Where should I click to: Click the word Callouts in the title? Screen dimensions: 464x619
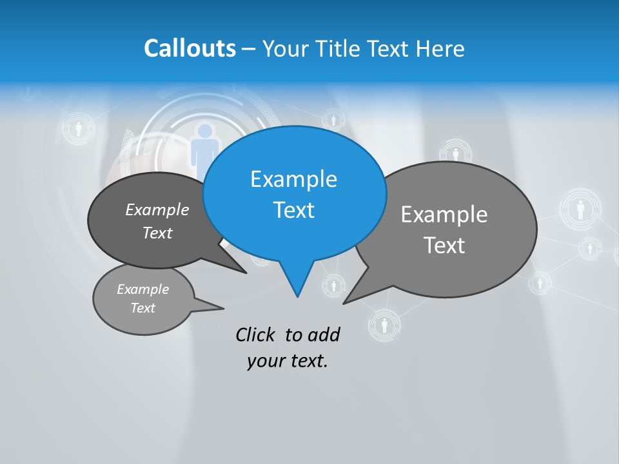point(190,48)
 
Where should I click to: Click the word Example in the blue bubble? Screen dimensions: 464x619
point(293,179)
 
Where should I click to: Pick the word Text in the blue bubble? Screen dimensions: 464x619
point(293,210)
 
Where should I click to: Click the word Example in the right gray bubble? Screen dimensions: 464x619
point(444,215)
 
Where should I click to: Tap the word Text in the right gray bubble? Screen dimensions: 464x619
point(444,246)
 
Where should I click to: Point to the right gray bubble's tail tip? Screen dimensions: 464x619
point(344,302)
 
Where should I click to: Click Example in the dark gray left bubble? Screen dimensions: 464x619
point(157,210)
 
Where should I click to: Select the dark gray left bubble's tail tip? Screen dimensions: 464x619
point(246,273)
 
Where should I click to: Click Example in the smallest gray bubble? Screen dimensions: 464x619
point(142,289)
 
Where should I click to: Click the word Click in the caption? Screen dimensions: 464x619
point(255,335)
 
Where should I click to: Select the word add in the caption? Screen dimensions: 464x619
point(324,335)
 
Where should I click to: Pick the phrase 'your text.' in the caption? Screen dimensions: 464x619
point(287,362)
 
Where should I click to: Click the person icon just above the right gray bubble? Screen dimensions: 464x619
point(456,153)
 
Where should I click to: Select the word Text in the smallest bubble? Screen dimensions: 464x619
point(142,308)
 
